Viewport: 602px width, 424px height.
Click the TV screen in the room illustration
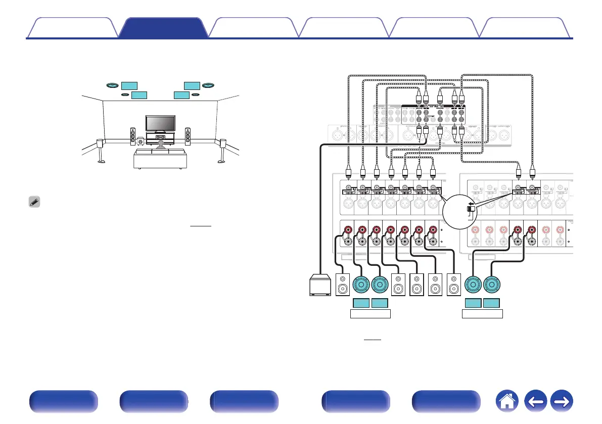coord(161,123)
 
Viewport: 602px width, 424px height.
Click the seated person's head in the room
coord(160,144)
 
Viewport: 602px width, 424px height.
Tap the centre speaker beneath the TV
coord(161,137)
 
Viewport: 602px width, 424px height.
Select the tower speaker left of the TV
coord(133,136)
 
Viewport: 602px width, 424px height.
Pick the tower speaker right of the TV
coord(188,136)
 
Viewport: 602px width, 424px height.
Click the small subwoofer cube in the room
coord(140,143)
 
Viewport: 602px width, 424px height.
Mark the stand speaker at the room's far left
coord(101,150)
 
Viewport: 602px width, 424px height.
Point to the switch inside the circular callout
coord(470,209)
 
